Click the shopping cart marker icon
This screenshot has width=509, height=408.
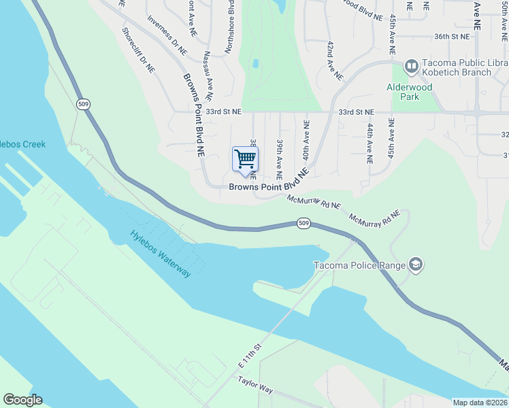245,160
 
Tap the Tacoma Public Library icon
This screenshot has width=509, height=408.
411,67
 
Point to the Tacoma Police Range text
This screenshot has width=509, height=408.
359,265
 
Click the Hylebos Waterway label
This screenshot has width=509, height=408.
161,254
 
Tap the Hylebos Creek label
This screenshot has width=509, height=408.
22,144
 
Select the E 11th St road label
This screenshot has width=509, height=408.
250,356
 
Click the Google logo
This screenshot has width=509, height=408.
22,400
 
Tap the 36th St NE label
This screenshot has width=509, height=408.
452,36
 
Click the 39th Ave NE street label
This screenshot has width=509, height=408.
280,153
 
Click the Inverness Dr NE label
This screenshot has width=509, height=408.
167,35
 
